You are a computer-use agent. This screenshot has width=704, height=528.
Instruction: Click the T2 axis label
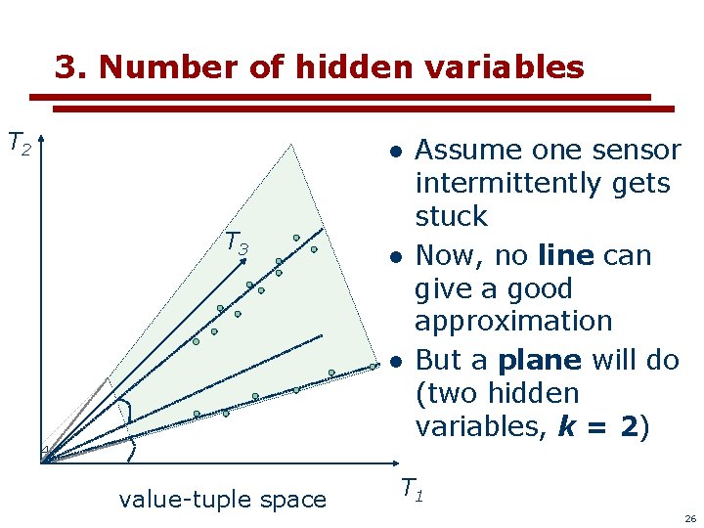20,145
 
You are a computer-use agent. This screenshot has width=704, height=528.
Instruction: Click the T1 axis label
412,488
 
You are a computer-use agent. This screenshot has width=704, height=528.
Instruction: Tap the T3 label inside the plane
238,242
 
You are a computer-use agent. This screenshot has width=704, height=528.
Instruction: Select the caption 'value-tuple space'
222,500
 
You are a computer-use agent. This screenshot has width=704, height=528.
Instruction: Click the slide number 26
689,518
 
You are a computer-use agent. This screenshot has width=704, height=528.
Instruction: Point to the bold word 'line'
566,256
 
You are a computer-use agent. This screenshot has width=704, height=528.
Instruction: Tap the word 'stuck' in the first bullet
451,216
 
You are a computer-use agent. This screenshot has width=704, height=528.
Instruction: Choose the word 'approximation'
513,322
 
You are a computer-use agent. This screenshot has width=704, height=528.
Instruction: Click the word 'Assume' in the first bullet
464,151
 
